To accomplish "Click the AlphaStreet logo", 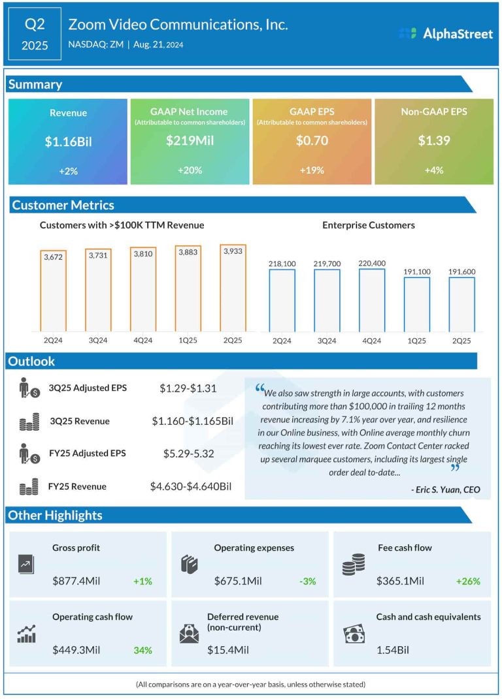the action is coord(446,33).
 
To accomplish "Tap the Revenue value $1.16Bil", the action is coord(68,142).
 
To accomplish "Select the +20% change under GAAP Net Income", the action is coord(190,170).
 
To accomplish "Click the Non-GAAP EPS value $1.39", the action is coord(433,140).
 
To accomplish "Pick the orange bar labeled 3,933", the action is coord(233,288).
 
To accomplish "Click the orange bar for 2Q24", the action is coord(53,291).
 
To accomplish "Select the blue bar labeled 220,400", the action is coord(371,300).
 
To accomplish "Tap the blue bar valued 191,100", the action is coord(416,305).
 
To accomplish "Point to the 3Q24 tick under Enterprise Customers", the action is coord(326,341).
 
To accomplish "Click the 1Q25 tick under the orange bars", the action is coord(188,340).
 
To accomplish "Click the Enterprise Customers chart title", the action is coord(369,225).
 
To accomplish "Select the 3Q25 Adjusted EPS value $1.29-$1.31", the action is coord(188,388).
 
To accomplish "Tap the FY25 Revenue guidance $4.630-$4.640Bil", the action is coord(191,486).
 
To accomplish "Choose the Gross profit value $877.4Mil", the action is coord(76,581).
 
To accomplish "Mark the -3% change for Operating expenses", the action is coord(307,582).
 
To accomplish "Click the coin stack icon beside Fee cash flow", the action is coord(354,565).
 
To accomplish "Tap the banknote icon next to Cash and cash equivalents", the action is coord(354,634).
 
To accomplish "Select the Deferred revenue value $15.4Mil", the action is coord(227,650).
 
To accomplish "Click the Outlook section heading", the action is coord(31,361).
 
